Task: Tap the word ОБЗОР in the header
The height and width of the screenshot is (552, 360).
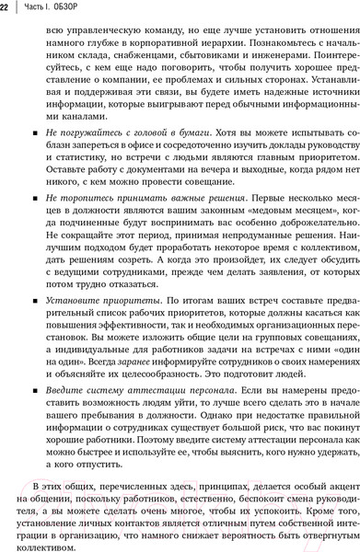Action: [x=78, y=9]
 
